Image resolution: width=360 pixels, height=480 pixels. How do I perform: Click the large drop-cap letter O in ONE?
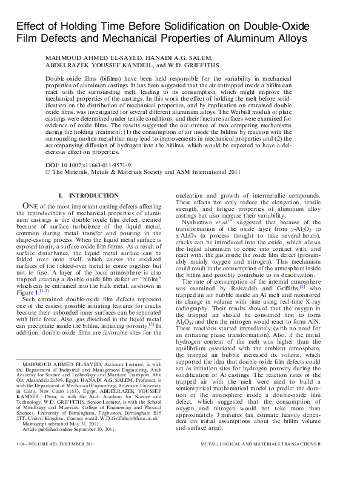click(x=26, y=206)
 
